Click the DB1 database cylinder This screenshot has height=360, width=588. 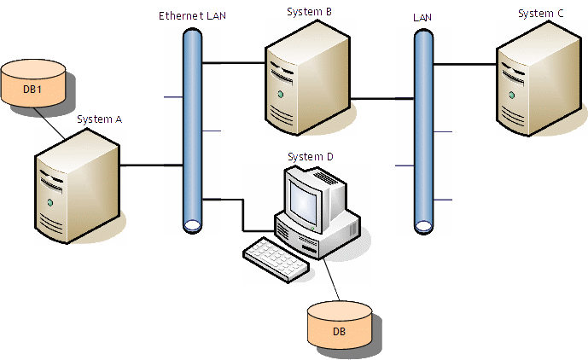click(x=33, y=88)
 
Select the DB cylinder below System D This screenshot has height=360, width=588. click(x=340, y=328)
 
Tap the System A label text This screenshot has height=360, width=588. click(x=99, y=119)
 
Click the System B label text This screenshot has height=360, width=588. click(x=309, y=11)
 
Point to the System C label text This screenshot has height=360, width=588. click(x=540, y=14)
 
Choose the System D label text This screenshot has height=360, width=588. click(x=310, y=157)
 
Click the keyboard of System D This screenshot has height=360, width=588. click(x=275, y=258)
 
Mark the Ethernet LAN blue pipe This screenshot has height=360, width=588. click(x=193, y=128)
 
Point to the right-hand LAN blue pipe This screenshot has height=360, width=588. click(x=422, y=128)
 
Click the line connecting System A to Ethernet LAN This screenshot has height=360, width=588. click(x=154, y=165)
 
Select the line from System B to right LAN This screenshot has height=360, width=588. click(x=382, y=100)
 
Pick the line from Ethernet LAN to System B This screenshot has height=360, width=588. click(x=234, y=62)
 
